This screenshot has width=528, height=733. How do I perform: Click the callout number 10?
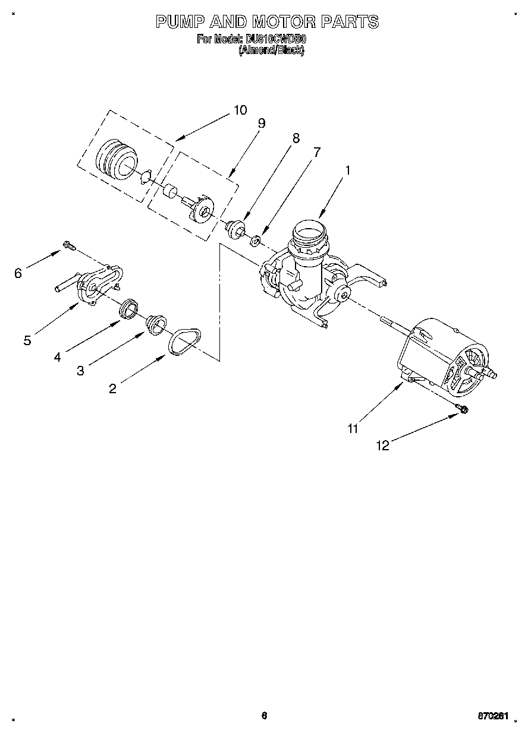click(240, 110)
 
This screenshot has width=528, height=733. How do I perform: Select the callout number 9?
click(261, 124)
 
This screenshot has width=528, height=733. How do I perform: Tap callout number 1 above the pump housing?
click(348, 170)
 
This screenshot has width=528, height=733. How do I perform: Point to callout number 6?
click(18, 273)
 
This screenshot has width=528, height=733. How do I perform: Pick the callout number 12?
click(384, 446)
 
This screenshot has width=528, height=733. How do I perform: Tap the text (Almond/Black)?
click(272, 51)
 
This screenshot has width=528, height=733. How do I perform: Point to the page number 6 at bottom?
click(264, 716)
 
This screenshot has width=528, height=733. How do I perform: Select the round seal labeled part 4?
click(129, 309)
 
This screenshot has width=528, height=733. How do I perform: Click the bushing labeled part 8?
click(236, 228)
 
